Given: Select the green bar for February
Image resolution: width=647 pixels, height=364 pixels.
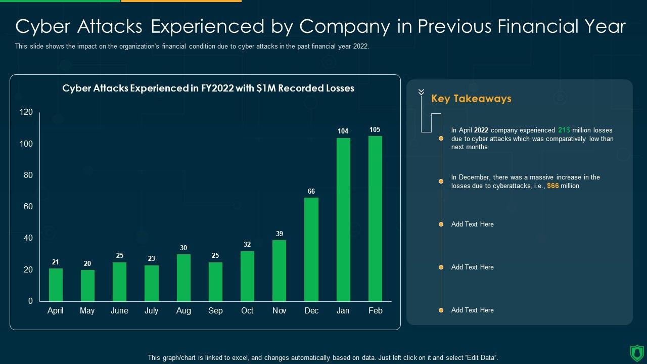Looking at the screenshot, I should [x=375, y=218].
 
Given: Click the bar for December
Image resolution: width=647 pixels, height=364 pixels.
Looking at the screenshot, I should [x=311, y=249].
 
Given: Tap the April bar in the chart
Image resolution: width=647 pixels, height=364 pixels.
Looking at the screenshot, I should [x=56, y=285].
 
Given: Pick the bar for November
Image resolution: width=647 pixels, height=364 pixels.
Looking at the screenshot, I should [x=279, y=270].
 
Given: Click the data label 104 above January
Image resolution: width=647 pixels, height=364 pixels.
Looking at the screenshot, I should [x=343, y=131].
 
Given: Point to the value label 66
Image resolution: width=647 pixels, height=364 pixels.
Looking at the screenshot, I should [x=311, y=192].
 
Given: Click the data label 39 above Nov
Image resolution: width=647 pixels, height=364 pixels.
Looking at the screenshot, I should [x=280, y=234].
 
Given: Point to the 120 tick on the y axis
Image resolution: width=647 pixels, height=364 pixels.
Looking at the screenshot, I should [x=26, y=112].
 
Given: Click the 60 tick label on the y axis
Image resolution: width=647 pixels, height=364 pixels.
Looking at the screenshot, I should [x=28, y=207].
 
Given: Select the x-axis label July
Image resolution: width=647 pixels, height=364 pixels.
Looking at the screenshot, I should [x=151, y=311].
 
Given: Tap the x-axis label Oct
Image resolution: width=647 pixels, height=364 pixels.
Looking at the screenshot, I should [x=247, y=311].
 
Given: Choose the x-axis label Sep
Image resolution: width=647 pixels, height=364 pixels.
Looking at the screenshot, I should [x=215, y=311].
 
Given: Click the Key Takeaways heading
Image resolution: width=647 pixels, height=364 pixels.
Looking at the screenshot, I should [x=471, y=99].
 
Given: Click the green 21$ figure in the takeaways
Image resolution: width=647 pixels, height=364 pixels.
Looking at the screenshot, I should [x=564, y=130].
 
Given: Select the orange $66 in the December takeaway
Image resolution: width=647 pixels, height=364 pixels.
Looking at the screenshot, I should [x=553, y=186].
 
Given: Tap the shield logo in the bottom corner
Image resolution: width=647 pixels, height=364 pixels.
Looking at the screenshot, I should [x=637, y=352].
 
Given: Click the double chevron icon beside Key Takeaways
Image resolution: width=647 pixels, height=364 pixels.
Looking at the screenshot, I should [x=421, y=92].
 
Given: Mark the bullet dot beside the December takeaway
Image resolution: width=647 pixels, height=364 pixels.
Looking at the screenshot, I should [x=441, y=181].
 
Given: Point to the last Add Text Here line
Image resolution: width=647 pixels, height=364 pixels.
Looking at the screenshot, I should [x=472, y=310].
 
